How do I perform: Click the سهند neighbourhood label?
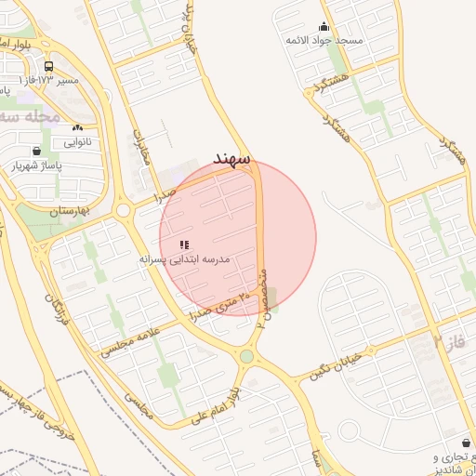[x=231, y=158]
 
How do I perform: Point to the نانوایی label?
[x=77, y=142]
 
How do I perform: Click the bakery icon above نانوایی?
[x=77, y=127]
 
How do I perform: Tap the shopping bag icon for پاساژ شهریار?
[x=36, y=152]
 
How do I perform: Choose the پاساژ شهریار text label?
[x=34, y=166]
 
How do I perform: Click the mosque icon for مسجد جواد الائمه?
[x=324, y=26]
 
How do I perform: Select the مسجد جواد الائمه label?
[x=324, y=41]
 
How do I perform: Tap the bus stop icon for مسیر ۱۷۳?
[x=47, y=66]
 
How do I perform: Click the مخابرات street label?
[x=141, y=152]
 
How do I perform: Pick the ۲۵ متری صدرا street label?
[x=220, y=305]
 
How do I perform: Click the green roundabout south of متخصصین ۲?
[x=246, y=356]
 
